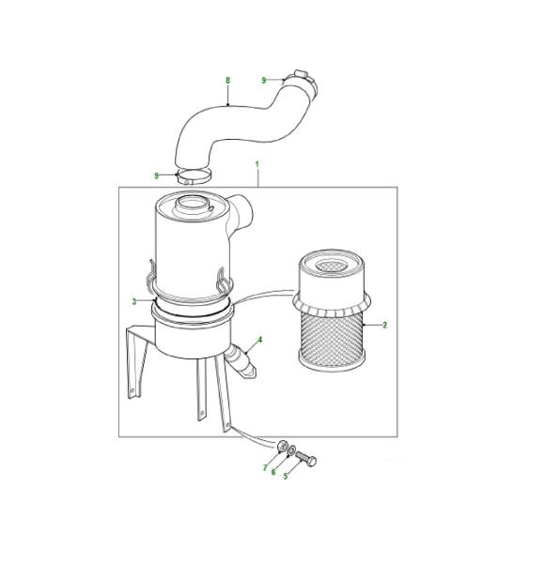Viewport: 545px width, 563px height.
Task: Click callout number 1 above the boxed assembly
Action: (x=257, y=164)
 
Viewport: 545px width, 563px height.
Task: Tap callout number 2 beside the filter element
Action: (x=384, y=325)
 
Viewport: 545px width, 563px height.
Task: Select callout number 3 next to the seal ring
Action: (x=134, y=301)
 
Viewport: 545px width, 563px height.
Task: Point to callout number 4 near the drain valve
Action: (x=260, y=340)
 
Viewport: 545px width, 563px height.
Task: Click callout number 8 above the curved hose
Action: (x=227, y=81)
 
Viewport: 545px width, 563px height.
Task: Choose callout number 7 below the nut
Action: (x=265, y=468)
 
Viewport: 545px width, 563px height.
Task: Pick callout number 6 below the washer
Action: (x=273, y=472)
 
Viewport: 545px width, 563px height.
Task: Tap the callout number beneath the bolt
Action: (x=286, y=476)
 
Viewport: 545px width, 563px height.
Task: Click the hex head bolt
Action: (x=306, y=458)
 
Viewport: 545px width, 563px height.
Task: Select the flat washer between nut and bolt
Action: (x=291, y=449)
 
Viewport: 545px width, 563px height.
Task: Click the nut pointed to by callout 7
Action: (x=282, y=447)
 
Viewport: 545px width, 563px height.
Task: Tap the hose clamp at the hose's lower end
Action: (x=193, y=177)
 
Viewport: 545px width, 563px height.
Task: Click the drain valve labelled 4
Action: (x=241, y=361)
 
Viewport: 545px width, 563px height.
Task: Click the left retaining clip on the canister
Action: (x=151, y=275)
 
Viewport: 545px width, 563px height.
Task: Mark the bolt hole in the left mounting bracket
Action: (x=132, y=390)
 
